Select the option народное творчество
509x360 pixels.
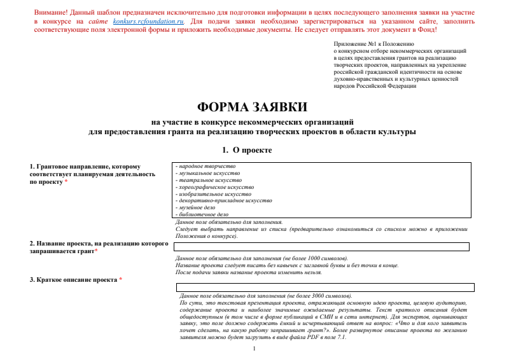[202, 166]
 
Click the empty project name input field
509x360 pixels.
[321, 247]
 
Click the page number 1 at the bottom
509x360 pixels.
[254, 349]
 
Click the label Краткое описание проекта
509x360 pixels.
[73, 280]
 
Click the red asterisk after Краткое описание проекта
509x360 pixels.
[120, 280]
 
